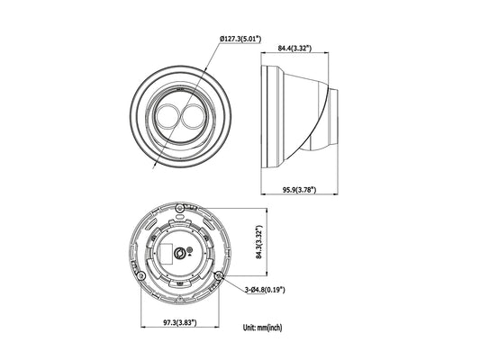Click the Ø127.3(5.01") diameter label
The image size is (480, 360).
(x=240, y=39)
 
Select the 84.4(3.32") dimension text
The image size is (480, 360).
(x=294, y=48)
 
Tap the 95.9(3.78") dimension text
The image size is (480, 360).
(x=299, y=190)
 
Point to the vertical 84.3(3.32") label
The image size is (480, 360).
(x=259, y=242)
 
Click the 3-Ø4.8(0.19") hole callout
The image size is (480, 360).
(x=265, y=289)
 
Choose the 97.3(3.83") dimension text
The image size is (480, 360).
(x=180, y=322)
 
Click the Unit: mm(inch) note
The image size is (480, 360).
(x=263, y=328)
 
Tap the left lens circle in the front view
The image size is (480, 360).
(x=168, y=116)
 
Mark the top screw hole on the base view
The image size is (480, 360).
(x=180, y=208)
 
